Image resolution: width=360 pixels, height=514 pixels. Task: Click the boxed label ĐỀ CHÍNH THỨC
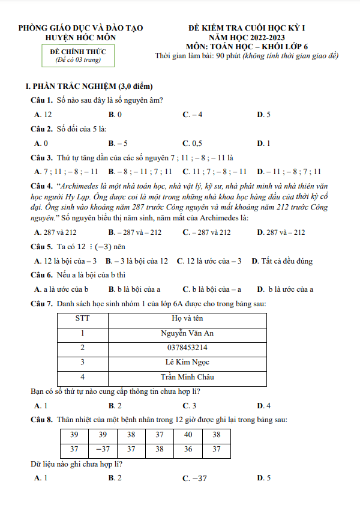point(78,52)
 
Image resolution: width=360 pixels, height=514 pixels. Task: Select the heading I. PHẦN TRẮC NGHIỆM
point(86,86)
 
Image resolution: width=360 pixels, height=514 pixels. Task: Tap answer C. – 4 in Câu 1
point(193,114)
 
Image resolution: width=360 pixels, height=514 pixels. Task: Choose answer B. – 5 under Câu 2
point(118,143)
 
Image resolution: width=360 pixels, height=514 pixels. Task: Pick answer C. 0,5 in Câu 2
point(193,143)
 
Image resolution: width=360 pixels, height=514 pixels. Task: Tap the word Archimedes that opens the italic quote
point(80,186)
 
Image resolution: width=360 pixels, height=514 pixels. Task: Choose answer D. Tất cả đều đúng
point(282,261)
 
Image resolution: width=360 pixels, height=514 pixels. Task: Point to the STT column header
point(82,319)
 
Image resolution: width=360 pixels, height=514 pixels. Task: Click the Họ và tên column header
point(187,319)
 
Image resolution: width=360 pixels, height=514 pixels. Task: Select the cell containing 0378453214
point(187,348)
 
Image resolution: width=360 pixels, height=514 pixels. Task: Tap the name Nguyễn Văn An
point(187,334)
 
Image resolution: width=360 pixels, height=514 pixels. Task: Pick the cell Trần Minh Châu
point(187,377)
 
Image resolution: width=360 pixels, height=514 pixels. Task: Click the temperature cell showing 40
point(188,435)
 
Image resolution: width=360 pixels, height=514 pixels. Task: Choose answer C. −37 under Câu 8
point(194,478)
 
